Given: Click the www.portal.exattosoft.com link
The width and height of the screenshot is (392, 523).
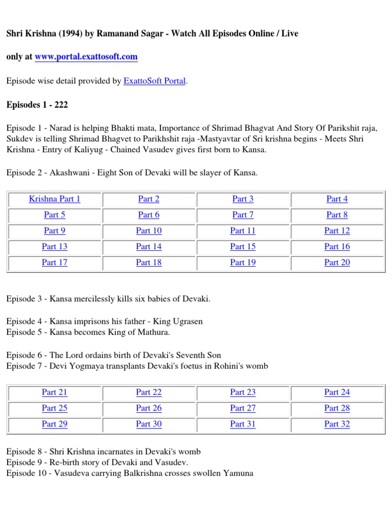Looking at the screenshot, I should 86,57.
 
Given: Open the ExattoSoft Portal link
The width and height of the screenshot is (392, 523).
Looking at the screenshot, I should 154,81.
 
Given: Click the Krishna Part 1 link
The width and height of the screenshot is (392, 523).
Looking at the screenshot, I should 55,199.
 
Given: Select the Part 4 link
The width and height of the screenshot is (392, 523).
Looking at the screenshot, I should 337,199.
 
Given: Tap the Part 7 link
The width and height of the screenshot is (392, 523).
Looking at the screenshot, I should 243,215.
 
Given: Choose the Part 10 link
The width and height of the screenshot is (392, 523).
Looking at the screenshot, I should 149,231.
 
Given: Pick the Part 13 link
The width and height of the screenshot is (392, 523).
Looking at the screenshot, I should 55,247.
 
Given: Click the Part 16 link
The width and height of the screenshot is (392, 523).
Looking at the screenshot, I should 337,247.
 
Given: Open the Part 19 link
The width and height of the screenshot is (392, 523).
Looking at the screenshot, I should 243,263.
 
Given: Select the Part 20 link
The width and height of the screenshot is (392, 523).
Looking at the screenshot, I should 337,263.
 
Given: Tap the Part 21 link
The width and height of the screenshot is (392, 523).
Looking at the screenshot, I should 55,392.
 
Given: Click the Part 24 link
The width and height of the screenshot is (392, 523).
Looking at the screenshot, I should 337,392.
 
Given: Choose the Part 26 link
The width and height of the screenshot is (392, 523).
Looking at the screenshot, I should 149,408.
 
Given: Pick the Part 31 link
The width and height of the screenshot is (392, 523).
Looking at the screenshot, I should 243,424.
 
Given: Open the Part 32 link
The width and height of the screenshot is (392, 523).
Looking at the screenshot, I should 337,424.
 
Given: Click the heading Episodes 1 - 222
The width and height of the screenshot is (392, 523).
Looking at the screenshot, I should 37,105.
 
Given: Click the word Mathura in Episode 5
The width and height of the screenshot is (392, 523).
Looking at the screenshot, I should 152,332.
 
